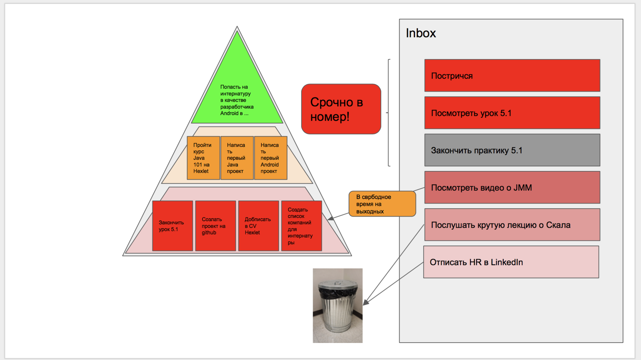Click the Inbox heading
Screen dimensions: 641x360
tap(421, 33)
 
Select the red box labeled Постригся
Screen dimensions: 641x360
tap(512, 75)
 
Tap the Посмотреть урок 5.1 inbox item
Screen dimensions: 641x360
tap(512, 113)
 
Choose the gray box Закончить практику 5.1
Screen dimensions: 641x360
tap(512, 150)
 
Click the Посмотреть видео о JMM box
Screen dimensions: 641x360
tap(512, 187)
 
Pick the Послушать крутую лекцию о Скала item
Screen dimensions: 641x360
tap(512, 225)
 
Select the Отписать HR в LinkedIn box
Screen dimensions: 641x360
tap(511, 262)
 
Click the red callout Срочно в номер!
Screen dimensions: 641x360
tap(341, 109)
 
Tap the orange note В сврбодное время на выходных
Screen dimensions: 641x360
tap(382, 204)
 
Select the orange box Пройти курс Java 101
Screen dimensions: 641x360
tap(203, 158)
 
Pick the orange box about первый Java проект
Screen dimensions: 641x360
tap(237, 158)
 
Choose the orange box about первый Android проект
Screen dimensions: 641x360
tap(271, 158)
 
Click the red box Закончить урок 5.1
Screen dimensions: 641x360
tap(173, 226)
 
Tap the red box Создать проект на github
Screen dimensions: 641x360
tap(216, 226)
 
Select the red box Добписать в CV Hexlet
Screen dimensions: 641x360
tap(259, 226)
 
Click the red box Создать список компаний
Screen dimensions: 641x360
tap(302, 226)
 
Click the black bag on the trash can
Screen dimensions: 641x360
tap(338, 294)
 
